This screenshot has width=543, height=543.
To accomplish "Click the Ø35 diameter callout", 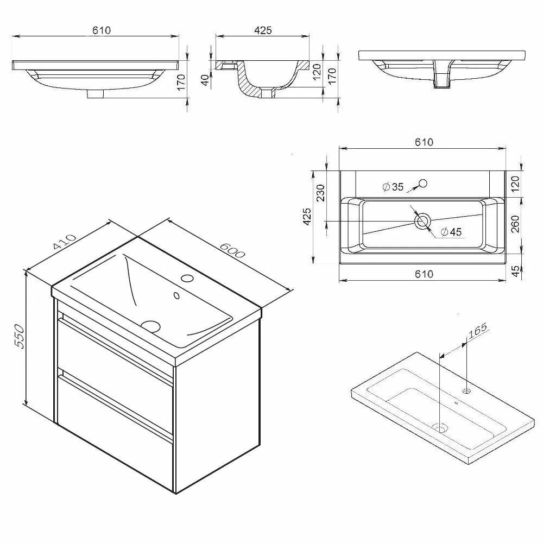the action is [393, 187].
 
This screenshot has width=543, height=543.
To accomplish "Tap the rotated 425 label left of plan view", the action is [307, 217].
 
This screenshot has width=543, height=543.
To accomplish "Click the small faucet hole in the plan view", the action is [424, 183].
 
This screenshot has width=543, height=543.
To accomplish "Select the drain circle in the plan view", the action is [422, 221].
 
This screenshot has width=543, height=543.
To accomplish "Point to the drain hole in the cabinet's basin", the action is [151, 326].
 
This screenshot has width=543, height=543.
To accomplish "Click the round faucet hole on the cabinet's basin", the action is [188, 279].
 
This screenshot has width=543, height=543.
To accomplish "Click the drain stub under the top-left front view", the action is [96, 94].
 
